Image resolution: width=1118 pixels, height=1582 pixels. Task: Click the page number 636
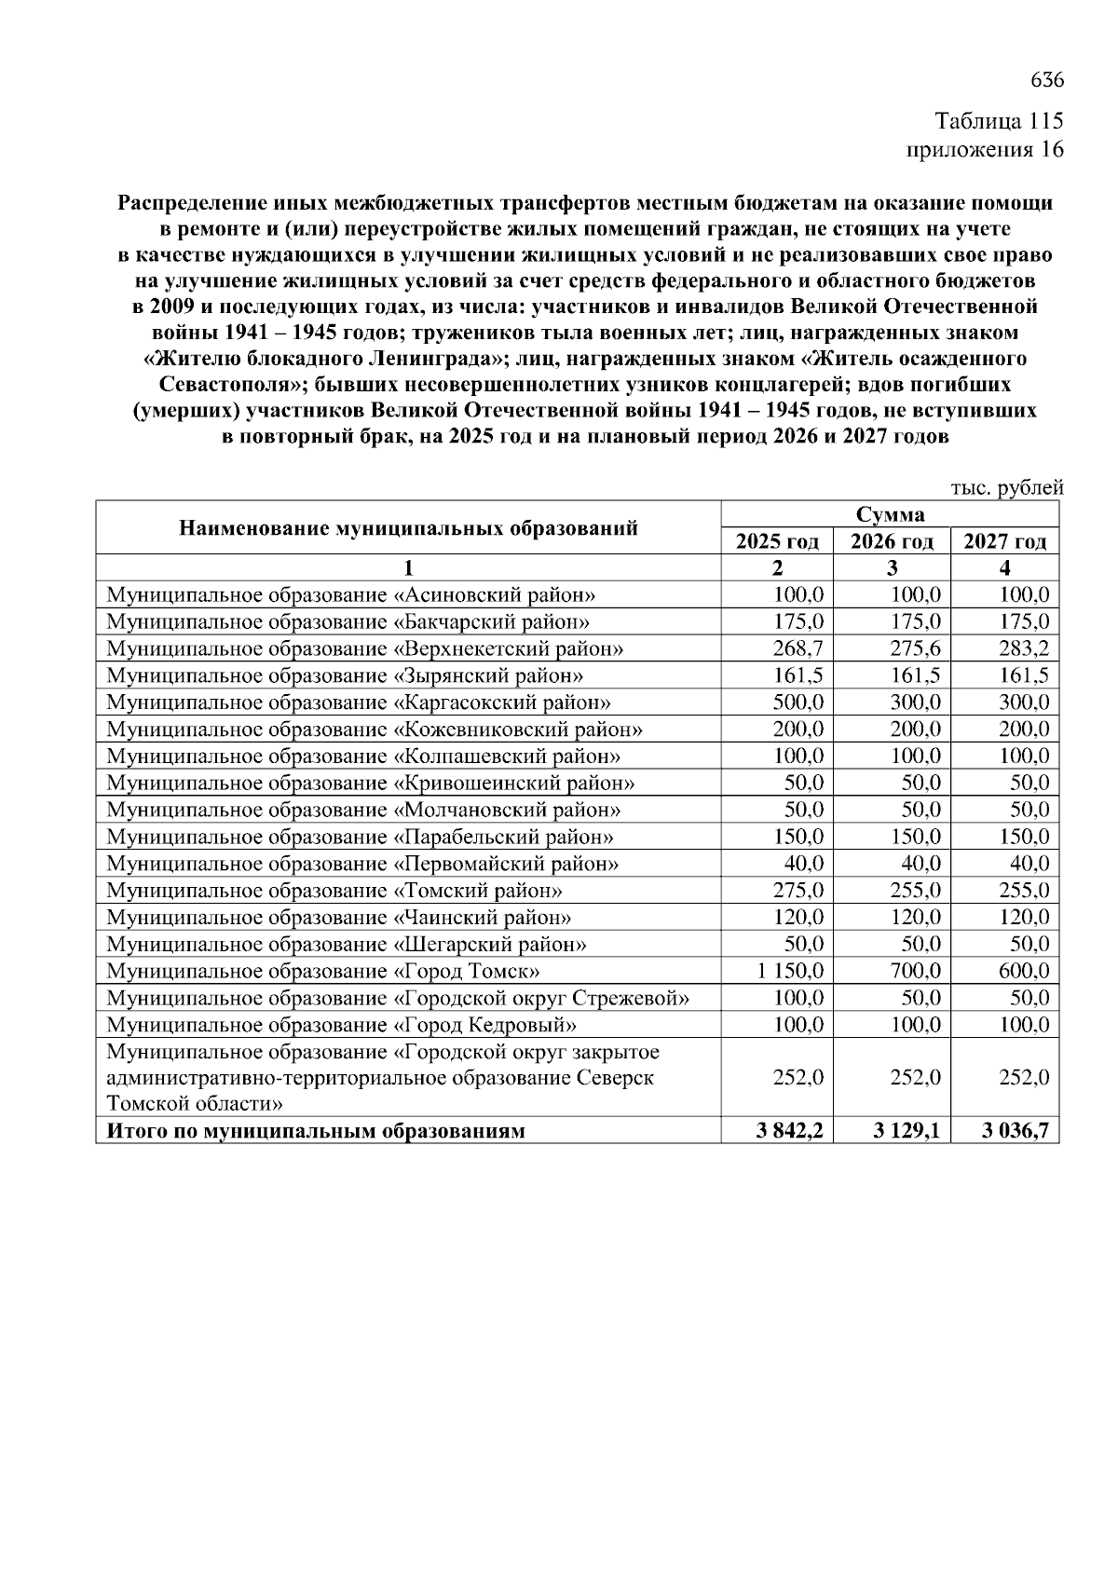[x=1047, y=80]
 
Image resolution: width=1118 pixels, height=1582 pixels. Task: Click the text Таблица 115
[x=999, y=122]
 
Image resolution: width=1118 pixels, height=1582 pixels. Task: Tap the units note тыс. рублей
[x=1006, y=487]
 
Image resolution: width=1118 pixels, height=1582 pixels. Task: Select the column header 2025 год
[x=777, y=542]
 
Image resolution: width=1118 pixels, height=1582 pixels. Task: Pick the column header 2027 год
[x=1004, y=542]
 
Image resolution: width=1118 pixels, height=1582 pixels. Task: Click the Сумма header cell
[x=890, y=515]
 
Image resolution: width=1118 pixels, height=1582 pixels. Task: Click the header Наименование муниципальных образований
[x=408, y=528]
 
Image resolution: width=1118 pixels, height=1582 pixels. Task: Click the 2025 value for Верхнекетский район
[x=798, y=648]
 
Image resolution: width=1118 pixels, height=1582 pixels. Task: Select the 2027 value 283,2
[x=1024, y=648]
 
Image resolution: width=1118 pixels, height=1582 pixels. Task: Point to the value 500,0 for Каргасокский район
[x=798, y=702]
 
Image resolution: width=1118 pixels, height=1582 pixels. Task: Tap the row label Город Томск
[x=323, y=972]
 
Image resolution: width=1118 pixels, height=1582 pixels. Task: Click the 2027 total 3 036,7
[x=1016, y=1132]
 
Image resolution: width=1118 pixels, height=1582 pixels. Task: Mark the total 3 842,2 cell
[x=789, y=1132]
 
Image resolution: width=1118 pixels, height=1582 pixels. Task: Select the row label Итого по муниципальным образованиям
[x=316, y=1132]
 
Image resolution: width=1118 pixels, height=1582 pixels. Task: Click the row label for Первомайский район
[x=362, y=864]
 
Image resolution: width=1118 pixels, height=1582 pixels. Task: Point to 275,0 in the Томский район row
[x=798, y=891]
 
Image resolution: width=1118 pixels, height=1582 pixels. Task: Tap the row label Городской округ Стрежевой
[x=398, y=999]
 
